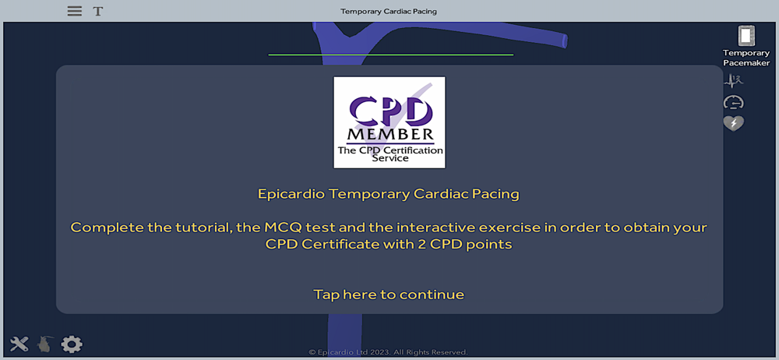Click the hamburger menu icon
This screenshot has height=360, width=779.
pyautogui.click(x=75, y=11)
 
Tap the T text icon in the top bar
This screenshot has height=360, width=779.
pyautogui.click(x=98, y=11)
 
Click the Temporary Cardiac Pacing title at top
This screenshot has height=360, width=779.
pyautogui.click(x=389, y=11)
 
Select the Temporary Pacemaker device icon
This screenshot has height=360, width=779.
pyautogui.click(x=746, y=36)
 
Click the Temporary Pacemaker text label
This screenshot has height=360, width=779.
pyautogui.click(x=746, y=58)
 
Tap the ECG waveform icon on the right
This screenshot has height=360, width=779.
pyautogui.click(x=733, y=81)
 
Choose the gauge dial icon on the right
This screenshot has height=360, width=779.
pyautogui.click(x=733, y=102)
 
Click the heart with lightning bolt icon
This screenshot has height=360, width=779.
pyautogui.click(x=733, y=123)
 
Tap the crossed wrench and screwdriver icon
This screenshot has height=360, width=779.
pyautogui.click(x=19, y=344)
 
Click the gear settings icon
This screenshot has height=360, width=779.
pyautogui.click(x=72, y=344)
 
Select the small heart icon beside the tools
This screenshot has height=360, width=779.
pyautogui.click(x=44, y=344)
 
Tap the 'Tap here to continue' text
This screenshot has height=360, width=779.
pyautogui.click(x=389, y=295)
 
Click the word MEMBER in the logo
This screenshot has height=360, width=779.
pyautogui.click(x=389, y=134)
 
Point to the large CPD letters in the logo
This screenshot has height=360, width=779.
pyautogui.click(x=389, y=111)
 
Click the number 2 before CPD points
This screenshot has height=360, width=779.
pyautogui.click(x=407, y=245)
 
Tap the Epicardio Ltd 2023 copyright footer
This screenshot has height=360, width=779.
pyautogui.click(x=388, y=352)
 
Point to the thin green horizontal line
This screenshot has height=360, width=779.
pyautogui.click(x=390, y=55)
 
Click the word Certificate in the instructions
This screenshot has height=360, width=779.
pyautogui.click(x=331, y=245)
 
